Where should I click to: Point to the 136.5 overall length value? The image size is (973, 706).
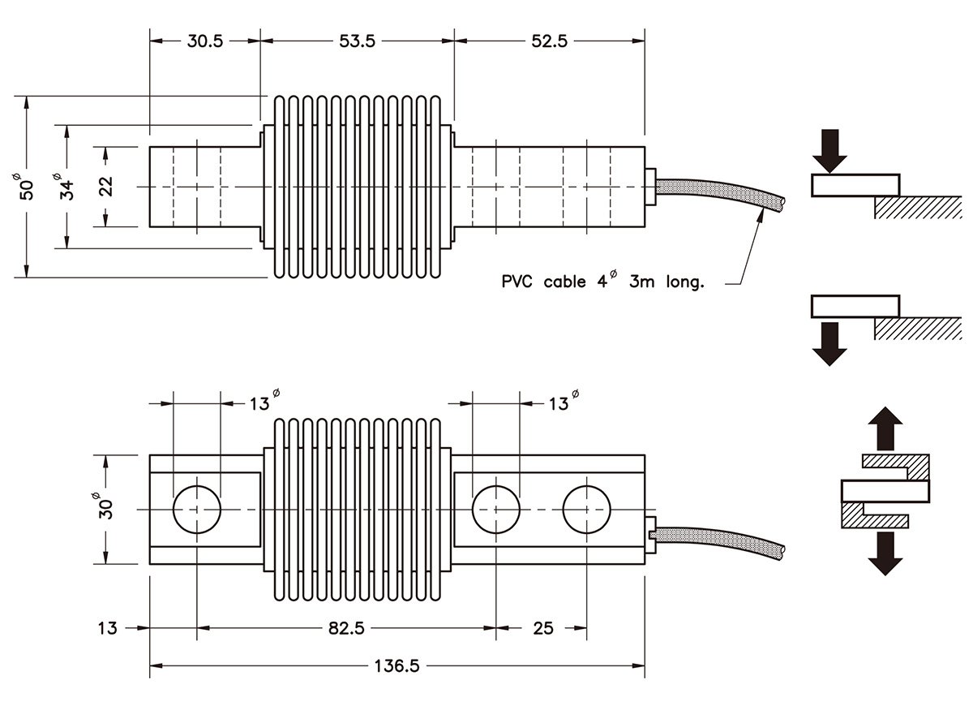click(397, 666)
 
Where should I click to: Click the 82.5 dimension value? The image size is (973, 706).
click(347, 628)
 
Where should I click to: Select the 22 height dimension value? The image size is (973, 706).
click(106, 187)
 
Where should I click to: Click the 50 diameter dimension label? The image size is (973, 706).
click(26, 187)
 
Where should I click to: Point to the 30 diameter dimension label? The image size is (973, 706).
click(106, 507)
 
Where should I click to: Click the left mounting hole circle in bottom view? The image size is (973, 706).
click(197, 510)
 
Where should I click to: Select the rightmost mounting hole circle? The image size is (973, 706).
click(587, 510)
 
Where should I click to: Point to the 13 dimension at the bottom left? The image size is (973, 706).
click(106, 628)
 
